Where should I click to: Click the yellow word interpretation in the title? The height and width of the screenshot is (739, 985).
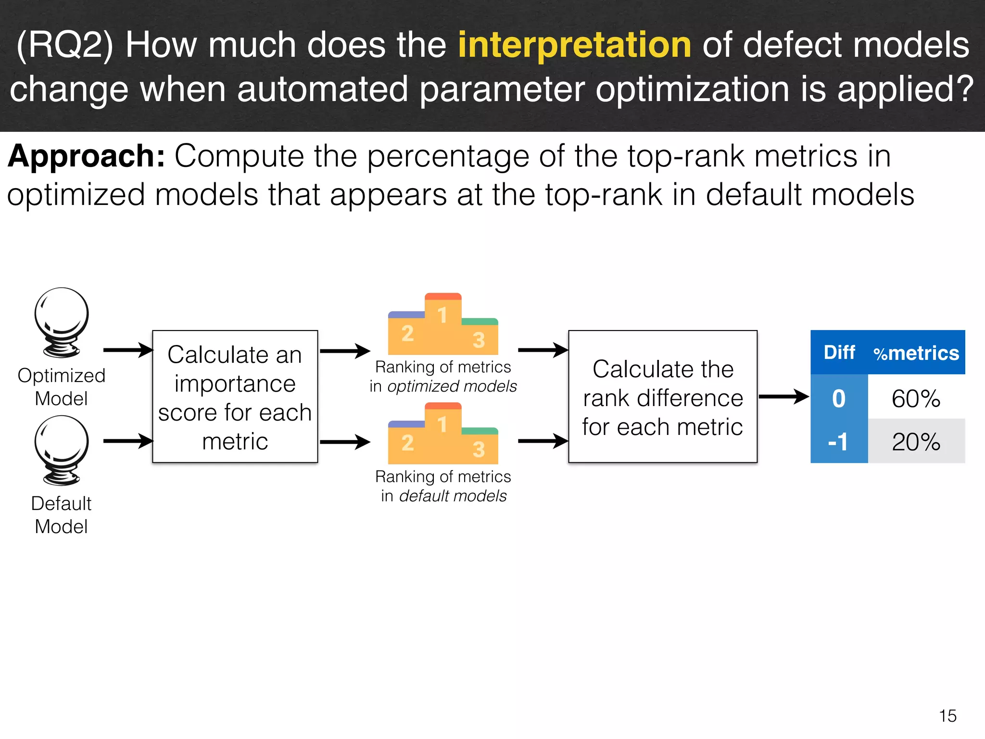click(x=574, y=45)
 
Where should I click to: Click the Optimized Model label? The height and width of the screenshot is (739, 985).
click(x=62, y=387)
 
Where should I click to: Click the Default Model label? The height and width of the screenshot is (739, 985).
click(x=62, y=515)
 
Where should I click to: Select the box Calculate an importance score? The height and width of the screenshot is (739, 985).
click(x=235, y=397)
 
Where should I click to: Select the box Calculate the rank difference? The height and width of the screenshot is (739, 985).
click(x=663, y=397)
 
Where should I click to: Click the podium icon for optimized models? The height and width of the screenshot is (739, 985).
click(x=443, y=325)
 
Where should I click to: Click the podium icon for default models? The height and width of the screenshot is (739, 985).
click(x=443, y=434)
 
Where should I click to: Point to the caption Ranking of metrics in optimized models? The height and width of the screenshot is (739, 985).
click(x=443, y=377)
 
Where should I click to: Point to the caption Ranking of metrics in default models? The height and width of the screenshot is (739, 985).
click(x=443, y=486)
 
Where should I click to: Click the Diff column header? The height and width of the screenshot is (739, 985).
click(x=839, y=352)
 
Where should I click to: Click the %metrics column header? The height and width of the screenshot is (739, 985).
click(x=916, y=353)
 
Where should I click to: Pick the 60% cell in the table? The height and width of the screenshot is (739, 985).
click(x=916, y=398)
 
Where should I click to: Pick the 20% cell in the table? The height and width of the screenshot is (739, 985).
click(x=916, y=442)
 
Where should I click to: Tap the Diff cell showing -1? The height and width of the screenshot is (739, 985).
click(x=839, y=442)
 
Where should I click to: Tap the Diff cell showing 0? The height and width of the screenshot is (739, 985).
click(x=839, y=398)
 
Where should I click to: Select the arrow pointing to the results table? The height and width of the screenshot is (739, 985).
click(x=784, y=397)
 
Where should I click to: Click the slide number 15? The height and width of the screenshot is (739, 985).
click(x=947, y=716)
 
